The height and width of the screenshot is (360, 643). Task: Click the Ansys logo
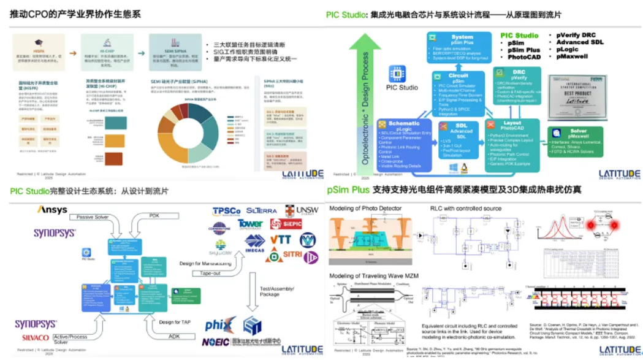pos(52,210)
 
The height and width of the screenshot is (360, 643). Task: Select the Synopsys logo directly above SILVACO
pos(36,324)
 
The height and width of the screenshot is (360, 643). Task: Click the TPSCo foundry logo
pos(227,211)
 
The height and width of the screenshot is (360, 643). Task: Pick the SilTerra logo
pos(262,210)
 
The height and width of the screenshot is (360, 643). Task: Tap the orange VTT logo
pos(280,239)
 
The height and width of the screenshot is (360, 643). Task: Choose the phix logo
pos(220,323)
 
